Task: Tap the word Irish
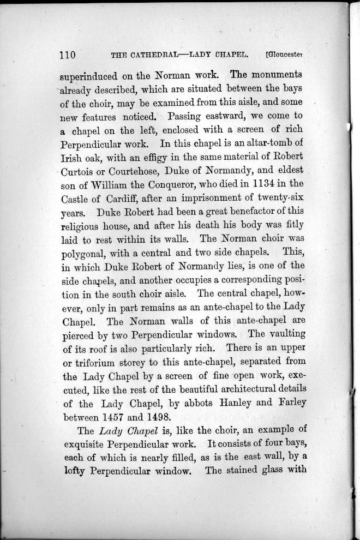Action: click(x=71, y=158)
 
